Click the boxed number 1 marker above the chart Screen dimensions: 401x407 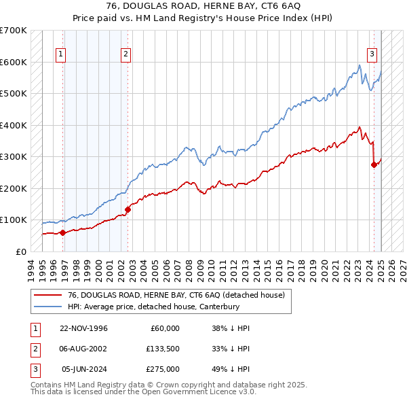pyautogui.click(x=61, y=55)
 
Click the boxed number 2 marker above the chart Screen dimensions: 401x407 pyautogui.click(x=126, y=55)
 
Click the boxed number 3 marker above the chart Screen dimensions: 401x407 pyautogui.click(x=372, y=55)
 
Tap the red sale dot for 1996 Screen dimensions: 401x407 pyautogui.click(x=62, y=232)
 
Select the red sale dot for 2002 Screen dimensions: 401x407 pyautogui.click(x=128, y=209)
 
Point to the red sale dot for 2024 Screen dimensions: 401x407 pyautogui.click(x=374, y=164)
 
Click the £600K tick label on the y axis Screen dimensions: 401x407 pyautogui.click(x=13, y=62)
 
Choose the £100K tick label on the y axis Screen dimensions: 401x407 pyautogui.click(x=13, y=220)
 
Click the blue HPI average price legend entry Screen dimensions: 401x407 pyautogui.click(x=163, y=307)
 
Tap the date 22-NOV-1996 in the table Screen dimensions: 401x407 pyautogui.click(x=83, y=328)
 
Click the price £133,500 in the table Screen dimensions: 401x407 pyautogui.click(x=163, y=349)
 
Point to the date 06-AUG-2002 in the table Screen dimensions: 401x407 pyautogui.click(x=83, y=349)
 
